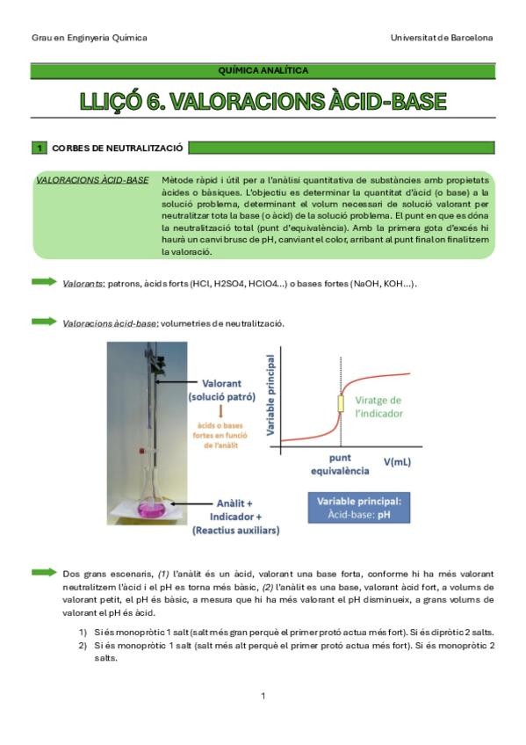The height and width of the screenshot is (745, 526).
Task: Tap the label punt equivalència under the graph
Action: point(339,464)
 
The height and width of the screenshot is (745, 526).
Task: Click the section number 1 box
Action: point(39,148)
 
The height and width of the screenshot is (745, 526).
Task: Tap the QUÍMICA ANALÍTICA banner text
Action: point(263,70)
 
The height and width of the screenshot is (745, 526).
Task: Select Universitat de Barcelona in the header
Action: point(442,38)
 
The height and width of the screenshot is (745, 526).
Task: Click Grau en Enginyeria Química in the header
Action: point(89,38)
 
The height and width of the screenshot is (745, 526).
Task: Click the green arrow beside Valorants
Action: point(43,282)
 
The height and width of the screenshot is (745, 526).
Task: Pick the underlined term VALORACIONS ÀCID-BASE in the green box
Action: point(92,180)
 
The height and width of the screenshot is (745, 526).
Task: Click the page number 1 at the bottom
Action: point(263,697)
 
